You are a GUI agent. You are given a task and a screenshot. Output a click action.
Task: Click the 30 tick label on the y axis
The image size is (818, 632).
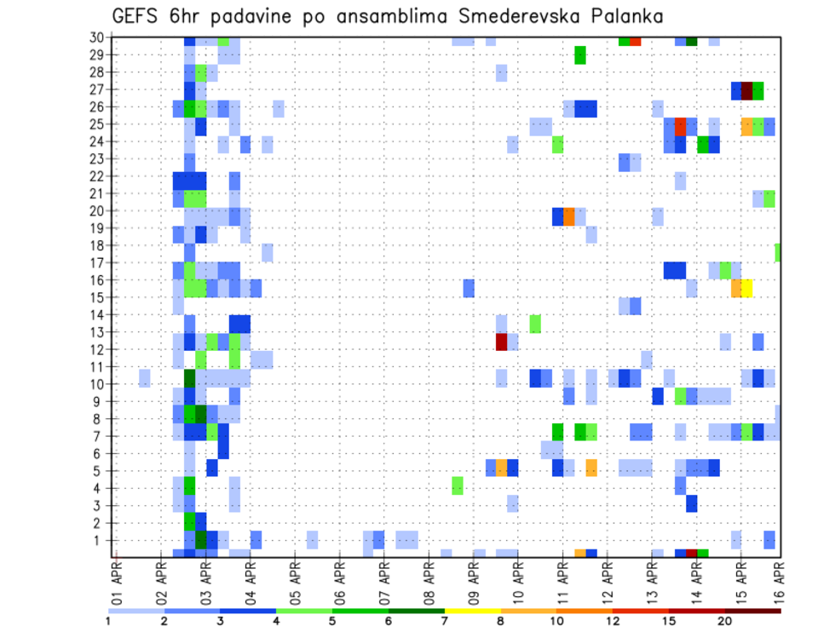point(96,37)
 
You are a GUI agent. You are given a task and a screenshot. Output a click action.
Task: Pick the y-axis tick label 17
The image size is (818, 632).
point(96,262)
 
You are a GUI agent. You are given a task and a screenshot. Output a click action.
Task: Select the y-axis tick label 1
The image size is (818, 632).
point(100,540)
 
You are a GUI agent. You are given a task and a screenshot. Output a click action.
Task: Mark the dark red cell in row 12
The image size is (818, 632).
point(502,342)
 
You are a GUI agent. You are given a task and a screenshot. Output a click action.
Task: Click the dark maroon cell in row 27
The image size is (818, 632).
point(747,90)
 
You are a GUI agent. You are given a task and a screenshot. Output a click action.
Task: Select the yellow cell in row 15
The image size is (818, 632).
point(747,288)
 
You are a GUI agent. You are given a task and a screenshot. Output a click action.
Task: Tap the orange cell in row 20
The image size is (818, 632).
point(569,216)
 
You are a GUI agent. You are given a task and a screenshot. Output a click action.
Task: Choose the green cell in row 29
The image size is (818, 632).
point(580,55)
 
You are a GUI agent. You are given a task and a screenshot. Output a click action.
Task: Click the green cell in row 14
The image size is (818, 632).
point(535,324)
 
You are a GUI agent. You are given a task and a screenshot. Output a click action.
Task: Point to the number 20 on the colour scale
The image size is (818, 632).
point(724,622)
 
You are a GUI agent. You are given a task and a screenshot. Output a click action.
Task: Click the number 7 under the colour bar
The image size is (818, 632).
point(445,622)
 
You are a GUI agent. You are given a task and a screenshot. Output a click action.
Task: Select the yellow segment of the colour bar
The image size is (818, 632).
point(472,611)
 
